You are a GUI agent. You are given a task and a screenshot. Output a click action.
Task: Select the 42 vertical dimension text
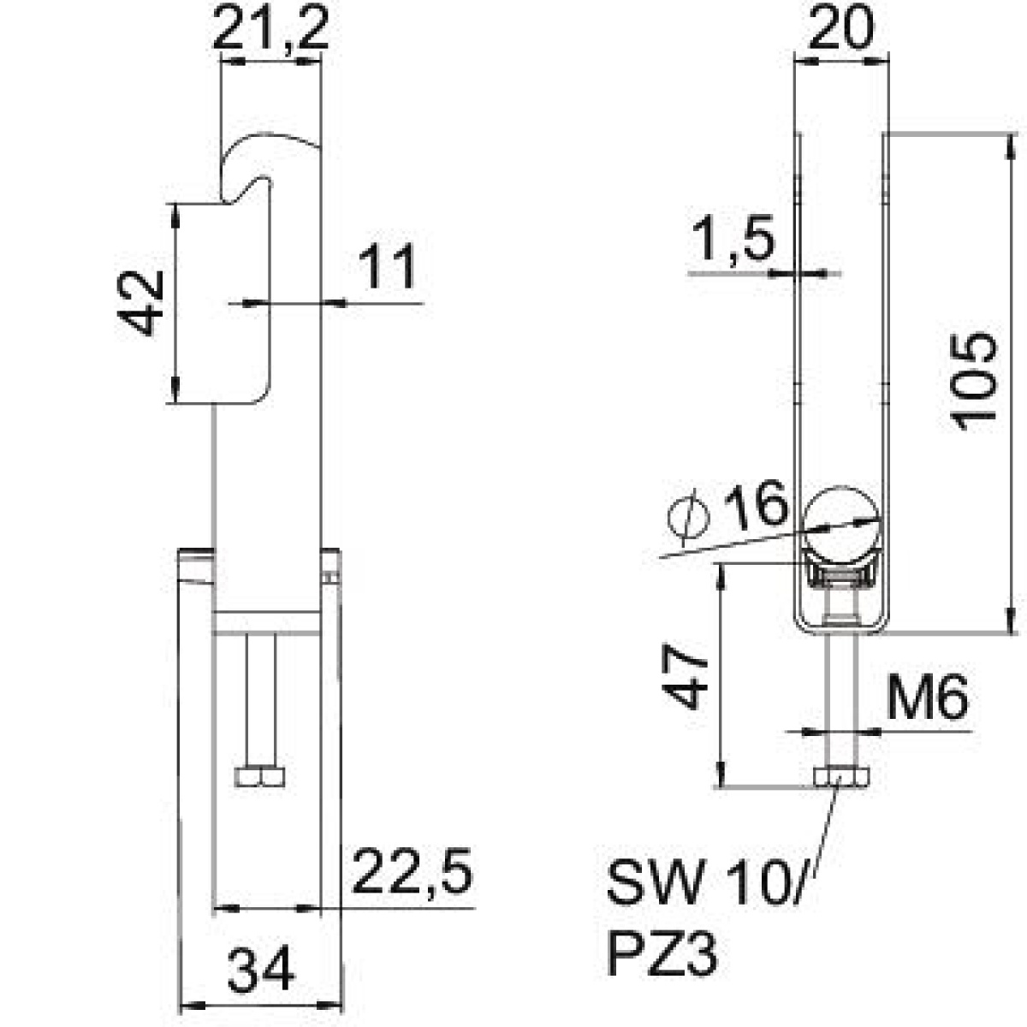coord(140,303)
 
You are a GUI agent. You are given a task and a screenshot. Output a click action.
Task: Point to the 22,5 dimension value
coord(412,870)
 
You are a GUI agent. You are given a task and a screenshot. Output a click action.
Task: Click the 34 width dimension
coord(261,968)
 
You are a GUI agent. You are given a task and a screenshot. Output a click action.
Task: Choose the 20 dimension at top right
coord(841,27)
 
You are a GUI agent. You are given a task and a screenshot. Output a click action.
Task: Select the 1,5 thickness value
coord(733,237)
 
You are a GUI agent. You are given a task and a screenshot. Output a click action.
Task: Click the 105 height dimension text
coord(974,382)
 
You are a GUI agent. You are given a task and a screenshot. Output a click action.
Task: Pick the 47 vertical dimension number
coord(685,676)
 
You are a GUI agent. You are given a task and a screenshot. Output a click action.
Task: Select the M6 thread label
coord(927,698)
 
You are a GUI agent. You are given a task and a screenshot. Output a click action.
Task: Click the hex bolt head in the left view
coord(259,777)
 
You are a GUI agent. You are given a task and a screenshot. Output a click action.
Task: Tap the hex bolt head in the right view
coord(841,777)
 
